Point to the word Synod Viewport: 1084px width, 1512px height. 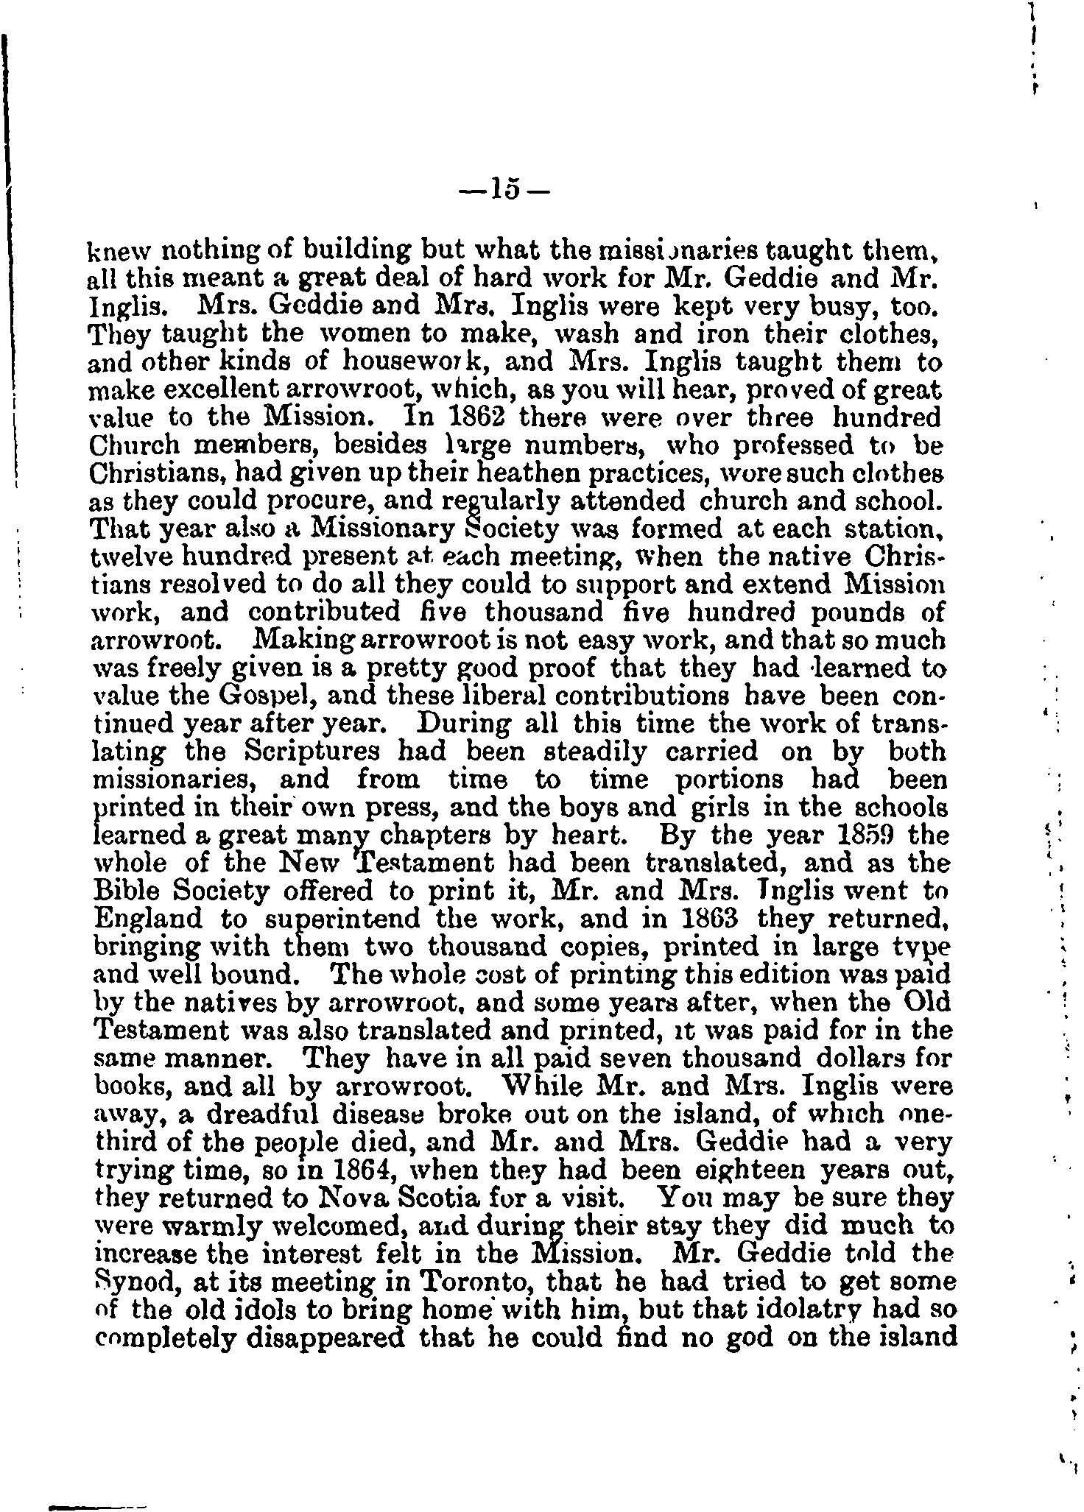click(137, 1282)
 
